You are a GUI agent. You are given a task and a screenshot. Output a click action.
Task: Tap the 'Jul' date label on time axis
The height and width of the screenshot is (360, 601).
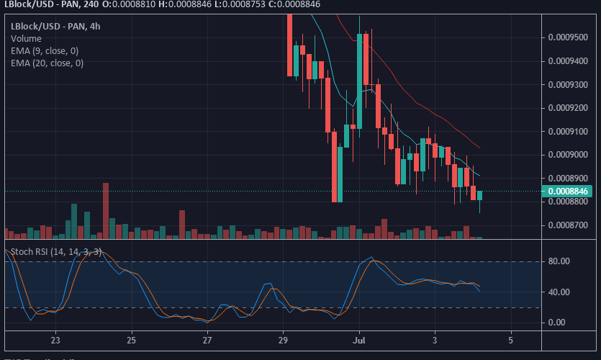click(359, 339)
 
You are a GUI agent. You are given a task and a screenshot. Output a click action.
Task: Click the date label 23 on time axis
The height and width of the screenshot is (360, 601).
click(55, 339)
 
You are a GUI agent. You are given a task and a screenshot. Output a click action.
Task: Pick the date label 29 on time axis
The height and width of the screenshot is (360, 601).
click(283, 339)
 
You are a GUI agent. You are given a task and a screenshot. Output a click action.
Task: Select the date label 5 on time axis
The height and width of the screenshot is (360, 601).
click(510, 339)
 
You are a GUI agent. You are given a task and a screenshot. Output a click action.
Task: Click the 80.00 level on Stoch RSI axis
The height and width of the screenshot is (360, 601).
click(559, 262)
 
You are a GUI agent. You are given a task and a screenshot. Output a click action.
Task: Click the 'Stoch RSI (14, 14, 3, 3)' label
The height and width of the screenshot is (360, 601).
click(56, 252)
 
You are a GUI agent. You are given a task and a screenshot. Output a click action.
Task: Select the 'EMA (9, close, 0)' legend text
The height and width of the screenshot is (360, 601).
click(45, 51)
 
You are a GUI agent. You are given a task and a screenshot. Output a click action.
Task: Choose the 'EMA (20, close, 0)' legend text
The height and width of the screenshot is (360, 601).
click(47, 63)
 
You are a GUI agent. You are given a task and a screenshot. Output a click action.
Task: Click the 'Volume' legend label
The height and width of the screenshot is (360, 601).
click(26, 39)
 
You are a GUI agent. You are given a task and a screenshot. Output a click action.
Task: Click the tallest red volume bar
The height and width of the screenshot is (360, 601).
click(106, 210)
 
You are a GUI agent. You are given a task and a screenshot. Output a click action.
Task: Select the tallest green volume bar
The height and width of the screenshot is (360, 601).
click(73, 220)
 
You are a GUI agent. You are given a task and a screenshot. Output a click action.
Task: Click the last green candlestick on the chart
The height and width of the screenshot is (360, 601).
click(479, 195)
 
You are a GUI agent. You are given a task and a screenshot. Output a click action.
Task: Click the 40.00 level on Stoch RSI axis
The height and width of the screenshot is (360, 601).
click(559, 292)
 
